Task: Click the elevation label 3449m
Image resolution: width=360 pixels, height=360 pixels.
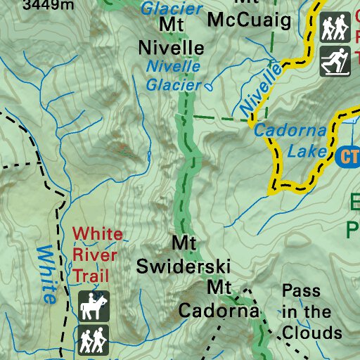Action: [48, 6]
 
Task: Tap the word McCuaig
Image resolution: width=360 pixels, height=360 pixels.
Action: [249, 20]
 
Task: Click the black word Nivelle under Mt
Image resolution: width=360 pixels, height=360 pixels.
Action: [172, 48]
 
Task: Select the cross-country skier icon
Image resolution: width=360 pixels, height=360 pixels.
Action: [335, 61]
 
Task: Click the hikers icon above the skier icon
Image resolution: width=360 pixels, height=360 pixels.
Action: [335, 27]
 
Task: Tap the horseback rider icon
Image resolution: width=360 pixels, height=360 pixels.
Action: [94, 307]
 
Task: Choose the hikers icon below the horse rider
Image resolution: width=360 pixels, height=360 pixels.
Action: [94, 340]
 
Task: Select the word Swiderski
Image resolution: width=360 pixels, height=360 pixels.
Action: [184, 266]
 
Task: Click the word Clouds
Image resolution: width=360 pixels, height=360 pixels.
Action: [311, 332]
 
